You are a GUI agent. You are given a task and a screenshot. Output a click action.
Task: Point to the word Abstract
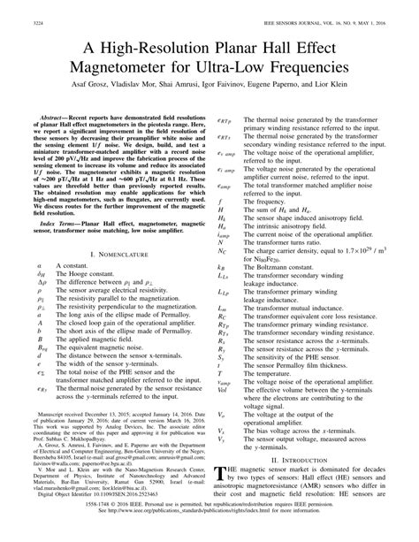57,116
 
